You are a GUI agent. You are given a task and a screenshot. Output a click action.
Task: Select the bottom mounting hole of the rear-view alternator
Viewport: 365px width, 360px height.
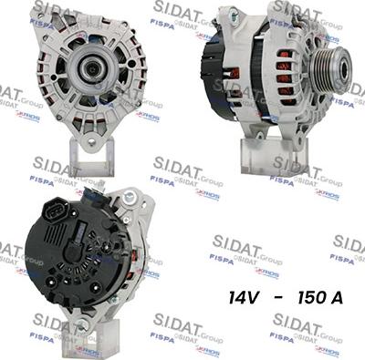click(83, 324)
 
